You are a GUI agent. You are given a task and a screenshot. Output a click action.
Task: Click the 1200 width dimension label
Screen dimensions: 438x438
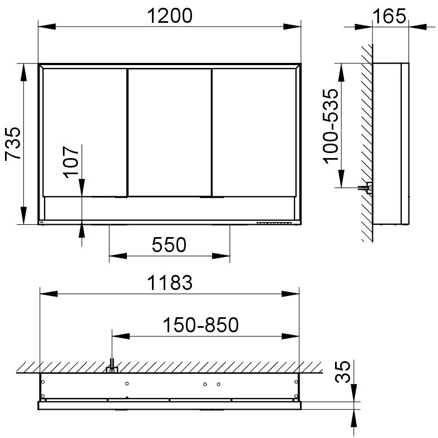coord(170,16)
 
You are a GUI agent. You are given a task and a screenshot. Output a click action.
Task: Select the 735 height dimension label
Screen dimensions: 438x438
coord(13,144)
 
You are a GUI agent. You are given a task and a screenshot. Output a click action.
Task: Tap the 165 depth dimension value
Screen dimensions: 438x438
coord(389,16)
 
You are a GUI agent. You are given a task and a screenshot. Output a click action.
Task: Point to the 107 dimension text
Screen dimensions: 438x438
coord(71,162)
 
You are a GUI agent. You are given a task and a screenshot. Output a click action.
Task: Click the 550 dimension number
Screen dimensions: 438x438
coord(169,245)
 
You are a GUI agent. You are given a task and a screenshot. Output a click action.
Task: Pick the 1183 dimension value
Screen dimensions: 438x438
coord(170,283)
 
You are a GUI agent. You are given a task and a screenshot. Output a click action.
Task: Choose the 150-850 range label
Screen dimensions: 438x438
coord(200,325)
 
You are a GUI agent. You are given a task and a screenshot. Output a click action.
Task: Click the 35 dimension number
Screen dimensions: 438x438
coord(342,372)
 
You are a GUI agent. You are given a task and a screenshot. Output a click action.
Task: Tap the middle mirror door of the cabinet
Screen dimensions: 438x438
coord(170,132)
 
